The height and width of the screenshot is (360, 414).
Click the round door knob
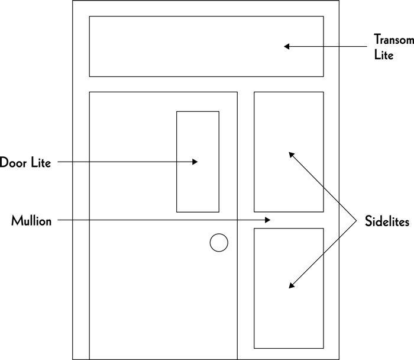pos(219,243)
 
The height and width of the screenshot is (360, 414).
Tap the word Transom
pos(393,40)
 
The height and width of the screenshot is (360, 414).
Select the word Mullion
pos(31,221)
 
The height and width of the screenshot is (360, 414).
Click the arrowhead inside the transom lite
pos(287,46)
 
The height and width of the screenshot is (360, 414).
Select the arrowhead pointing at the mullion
pos(267,220)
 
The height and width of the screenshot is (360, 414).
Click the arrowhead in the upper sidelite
pos(291,155)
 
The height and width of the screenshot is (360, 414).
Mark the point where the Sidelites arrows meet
pos(356,220)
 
